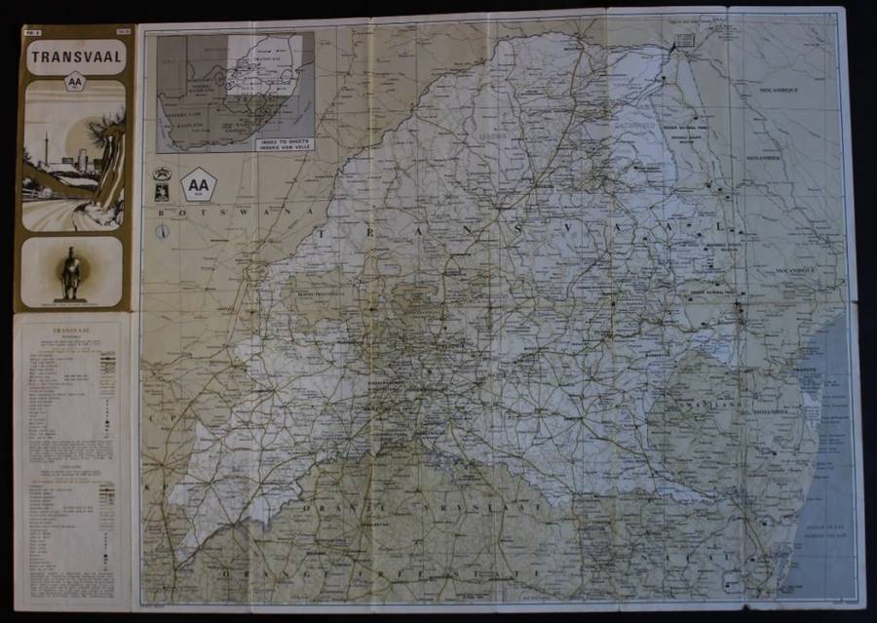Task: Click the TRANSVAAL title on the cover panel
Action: (x=75, y=56)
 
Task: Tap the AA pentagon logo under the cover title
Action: (x=74, y=85)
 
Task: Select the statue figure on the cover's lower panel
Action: (x=71, y=274)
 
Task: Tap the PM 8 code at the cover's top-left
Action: (x=31, y=31)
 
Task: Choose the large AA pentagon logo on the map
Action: (x=199, y=183)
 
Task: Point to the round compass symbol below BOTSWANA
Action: (x=164, y=232)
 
